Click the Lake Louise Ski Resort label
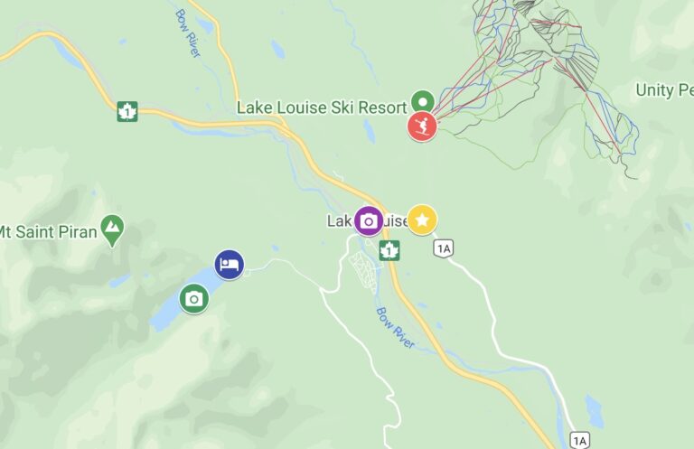321,108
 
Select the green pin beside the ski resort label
422,101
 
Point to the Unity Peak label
663,90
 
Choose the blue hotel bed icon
230,265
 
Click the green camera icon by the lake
193,298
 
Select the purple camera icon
368,220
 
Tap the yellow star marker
422,220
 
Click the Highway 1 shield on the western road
127,112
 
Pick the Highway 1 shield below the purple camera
389,250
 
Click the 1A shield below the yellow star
442,248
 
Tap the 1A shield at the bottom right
579,440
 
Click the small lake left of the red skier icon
369,131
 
